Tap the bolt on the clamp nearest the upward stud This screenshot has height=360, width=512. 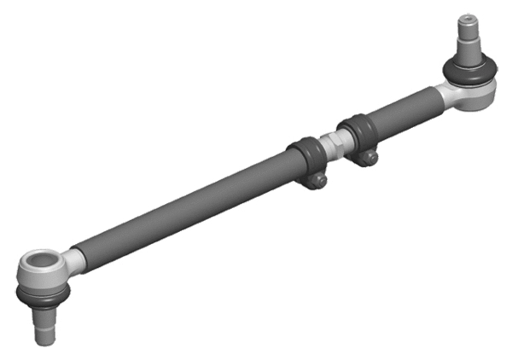click(x=365, y=156)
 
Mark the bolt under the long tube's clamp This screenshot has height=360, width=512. click(x=317, y=180)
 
